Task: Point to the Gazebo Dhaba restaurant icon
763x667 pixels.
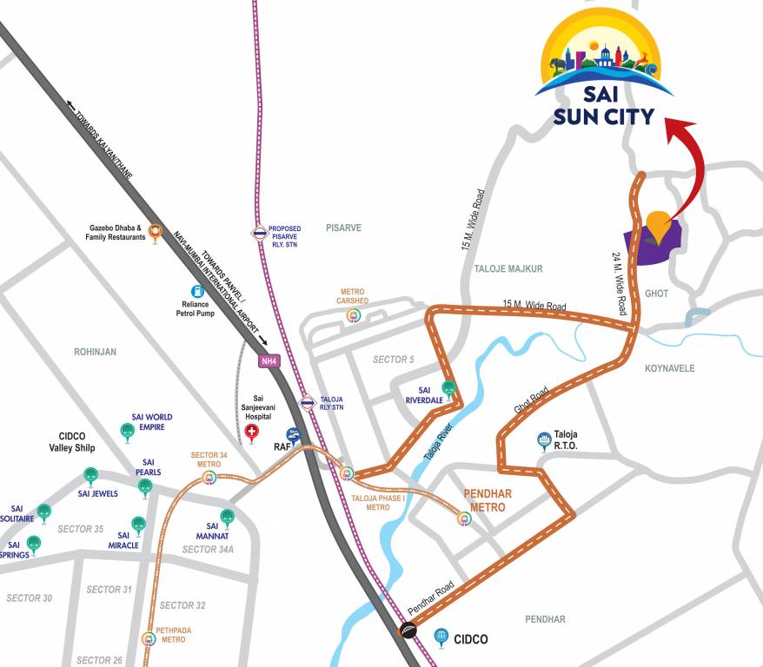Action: [156, 231]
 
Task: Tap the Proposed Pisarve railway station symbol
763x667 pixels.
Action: [259, 233]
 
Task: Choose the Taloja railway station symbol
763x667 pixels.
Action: [307, 402]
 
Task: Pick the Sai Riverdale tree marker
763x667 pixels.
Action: [448, 387]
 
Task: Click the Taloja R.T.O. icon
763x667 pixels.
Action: [545, 439]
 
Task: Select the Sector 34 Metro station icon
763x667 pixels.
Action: [209, 476]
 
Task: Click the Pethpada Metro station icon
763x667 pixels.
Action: [151, 638]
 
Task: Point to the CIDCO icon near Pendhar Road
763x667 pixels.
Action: [441, 638]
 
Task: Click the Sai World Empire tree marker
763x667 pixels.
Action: [127, 431]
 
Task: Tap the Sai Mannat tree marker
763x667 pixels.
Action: [227, 516]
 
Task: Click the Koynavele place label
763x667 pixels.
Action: [669, 368]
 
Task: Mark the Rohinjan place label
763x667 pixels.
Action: [96, 352]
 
